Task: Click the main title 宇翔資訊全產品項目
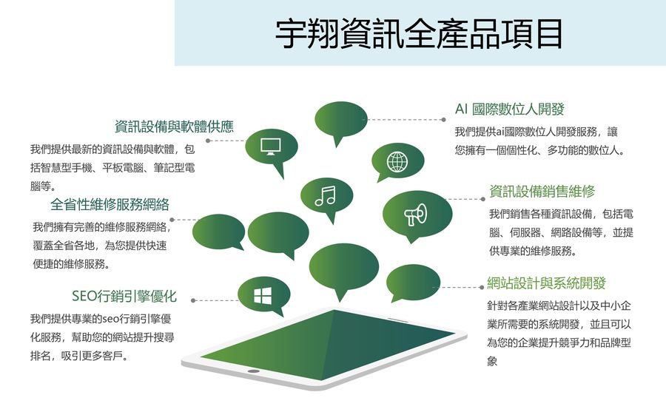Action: (419, 33)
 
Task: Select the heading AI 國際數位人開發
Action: (510, 109)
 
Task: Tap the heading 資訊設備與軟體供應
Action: (174, 126)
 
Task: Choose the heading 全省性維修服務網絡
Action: (110, 205)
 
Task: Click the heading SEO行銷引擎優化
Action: (124, 296)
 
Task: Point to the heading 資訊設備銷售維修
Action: (542, 192)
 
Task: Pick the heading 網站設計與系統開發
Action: (546, 283)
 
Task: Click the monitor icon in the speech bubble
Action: (271, 147)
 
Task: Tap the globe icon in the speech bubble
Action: (397, 161)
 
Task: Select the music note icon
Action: (326, 196)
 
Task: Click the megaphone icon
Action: (415, 215)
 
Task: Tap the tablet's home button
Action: (254, 371)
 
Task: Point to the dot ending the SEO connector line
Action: (193, 300)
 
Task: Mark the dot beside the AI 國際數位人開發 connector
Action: (444, 120)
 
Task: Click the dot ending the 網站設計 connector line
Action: (482, 288)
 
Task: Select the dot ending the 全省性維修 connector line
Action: (172, 220)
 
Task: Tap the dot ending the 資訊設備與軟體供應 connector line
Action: (208, 141)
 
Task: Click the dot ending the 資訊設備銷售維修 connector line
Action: (483, 199)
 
